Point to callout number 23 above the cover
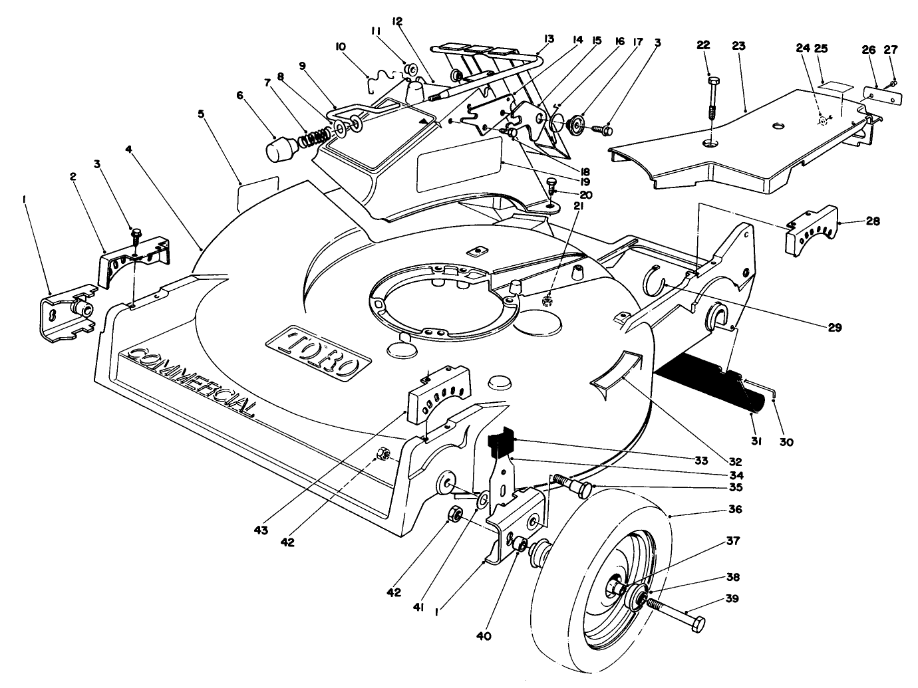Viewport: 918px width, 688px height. point(738,46)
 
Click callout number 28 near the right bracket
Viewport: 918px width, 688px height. point(872,221)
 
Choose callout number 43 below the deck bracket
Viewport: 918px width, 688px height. point(260,530)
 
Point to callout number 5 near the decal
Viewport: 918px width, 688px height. point(200,113)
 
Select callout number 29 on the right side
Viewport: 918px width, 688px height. point(834,327)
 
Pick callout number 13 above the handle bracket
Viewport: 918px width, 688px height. point(549,38)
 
